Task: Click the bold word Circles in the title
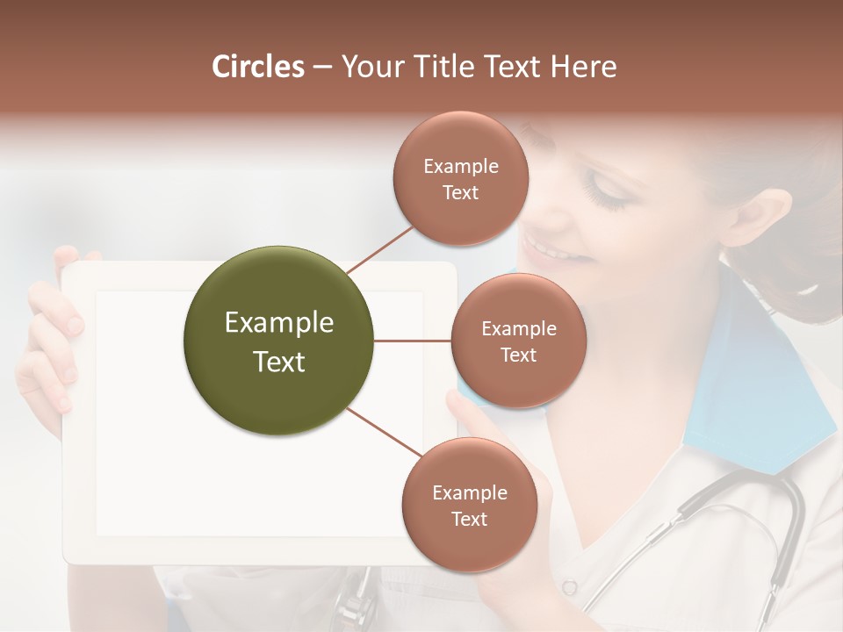(x=257, y=67)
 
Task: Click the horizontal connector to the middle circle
(x=413, y=341)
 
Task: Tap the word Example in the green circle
(x=279, y=323)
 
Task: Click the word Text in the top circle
(x=461, y=192)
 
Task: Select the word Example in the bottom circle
(x=470, y=493)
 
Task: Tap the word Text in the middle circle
(x=518, y=355)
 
